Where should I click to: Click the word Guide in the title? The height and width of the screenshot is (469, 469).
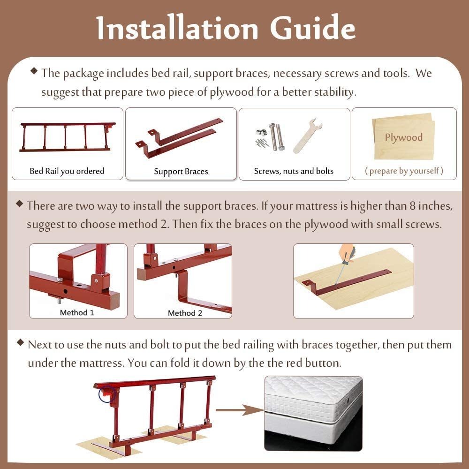tap(312, 28)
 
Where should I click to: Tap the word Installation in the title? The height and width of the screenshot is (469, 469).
tap(177, 28)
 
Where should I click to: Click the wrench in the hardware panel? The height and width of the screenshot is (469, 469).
tap(307, 136)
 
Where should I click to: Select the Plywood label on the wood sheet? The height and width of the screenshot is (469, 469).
tap(403, 137)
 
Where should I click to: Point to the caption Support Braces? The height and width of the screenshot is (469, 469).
tap(181, 171)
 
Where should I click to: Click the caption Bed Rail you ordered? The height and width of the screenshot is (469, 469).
tap(67, 171)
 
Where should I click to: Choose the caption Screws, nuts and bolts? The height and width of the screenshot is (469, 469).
tap(294, 171)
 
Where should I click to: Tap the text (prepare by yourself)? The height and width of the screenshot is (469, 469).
tap(404, 171)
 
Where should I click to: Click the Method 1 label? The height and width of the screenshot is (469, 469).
tap(77, 312)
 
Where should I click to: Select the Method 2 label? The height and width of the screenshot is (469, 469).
tap(185, 313)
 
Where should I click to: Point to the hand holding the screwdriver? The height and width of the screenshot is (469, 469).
tap(347, 253)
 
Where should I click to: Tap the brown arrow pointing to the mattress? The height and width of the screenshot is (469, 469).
tap(240, 410)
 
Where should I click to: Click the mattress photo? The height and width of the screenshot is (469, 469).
tap(313, 413)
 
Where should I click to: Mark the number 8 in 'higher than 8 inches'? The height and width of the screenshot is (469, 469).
tap(413, 206)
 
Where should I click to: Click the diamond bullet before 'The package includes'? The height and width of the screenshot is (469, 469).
tap(34, 71)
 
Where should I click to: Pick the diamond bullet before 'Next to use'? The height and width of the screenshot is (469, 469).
tap(20, 342)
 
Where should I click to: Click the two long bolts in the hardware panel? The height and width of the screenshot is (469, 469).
tap(277, 136)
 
